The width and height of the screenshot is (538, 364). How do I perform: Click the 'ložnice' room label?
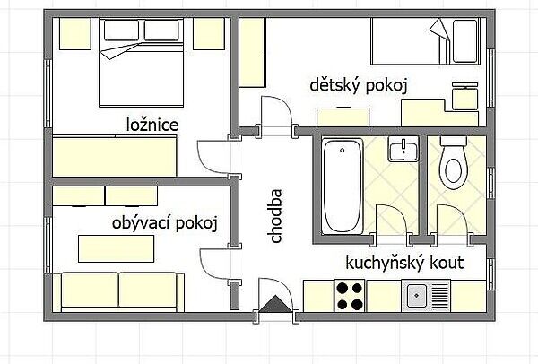[x=152, y=125]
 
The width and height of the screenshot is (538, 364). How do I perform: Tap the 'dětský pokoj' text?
[x=359, y=85]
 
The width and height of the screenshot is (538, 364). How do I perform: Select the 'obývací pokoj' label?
[x=165, y=223]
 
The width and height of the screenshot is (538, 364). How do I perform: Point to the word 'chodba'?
[x=275, y=216]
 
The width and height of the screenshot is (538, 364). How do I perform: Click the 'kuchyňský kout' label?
[x=404, y=263]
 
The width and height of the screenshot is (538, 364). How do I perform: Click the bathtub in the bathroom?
[x=343, y=186]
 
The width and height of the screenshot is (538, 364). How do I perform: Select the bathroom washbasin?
[x=403, y=149]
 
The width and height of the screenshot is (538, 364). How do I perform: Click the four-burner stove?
[x=350, y=296]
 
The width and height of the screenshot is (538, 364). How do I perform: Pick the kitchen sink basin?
[x=417, y=295]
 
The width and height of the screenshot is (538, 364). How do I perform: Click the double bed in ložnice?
[x=141, y=63]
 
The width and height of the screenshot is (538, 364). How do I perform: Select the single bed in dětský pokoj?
[x=425, y=41]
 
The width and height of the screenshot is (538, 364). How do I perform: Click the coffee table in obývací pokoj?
[x=116, y=248]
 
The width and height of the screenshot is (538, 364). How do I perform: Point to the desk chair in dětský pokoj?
[x=464, y=96]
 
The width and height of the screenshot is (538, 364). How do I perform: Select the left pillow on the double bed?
[x=121, y=30]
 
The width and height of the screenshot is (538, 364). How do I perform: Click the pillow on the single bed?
[x=464, y=41]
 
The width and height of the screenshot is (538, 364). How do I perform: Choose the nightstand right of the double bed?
[x=209, y=34]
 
